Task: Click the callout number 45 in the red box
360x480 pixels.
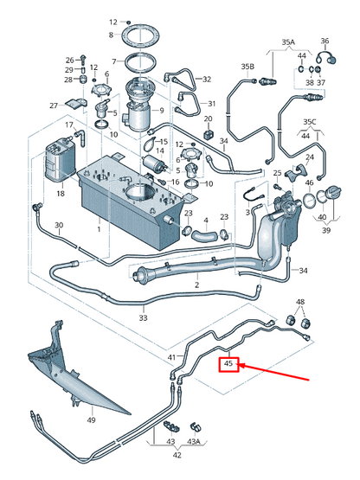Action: coord(228,365)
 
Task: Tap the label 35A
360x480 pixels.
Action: coord(287,42)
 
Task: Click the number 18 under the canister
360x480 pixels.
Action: coord(60,195)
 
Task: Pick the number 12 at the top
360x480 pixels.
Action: coord(112,21)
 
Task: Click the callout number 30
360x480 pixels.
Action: coord(59,227)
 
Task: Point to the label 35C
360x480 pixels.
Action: coord(309,123)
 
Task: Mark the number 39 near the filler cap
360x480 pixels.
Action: coord(325,231)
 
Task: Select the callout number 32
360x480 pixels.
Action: coord(207,79)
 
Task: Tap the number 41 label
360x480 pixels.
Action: coord(171,356)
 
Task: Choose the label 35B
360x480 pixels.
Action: coord(247,66)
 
